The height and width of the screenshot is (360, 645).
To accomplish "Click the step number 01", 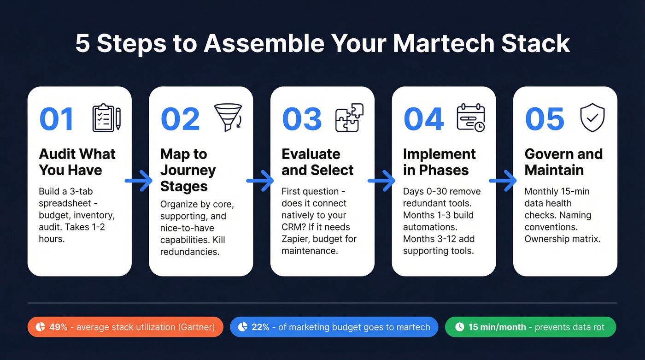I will coord(57,119).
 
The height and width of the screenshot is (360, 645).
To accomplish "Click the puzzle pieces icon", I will coord(349,118).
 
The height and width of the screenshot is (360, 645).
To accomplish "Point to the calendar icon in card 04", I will coord(470,118).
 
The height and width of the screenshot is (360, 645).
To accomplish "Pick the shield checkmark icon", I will coord(592,118).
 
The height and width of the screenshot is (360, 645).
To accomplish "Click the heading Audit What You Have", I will coord(77,162).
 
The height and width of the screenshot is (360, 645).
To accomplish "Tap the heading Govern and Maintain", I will coord(563,162).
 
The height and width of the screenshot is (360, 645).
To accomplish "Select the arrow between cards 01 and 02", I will coord(140,181).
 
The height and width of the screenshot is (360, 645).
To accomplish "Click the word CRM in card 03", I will coord(293,227).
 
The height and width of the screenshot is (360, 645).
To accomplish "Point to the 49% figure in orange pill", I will coord(58,327).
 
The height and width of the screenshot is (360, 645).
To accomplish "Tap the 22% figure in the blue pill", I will coord(260,327).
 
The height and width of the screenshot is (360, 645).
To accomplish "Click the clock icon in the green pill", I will coord(459,327).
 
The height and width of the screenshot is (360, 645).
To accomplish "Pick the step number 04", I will coord(423,119).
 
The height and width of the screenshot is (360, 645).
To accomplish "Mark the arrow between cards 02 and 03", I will coord(261,181).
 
